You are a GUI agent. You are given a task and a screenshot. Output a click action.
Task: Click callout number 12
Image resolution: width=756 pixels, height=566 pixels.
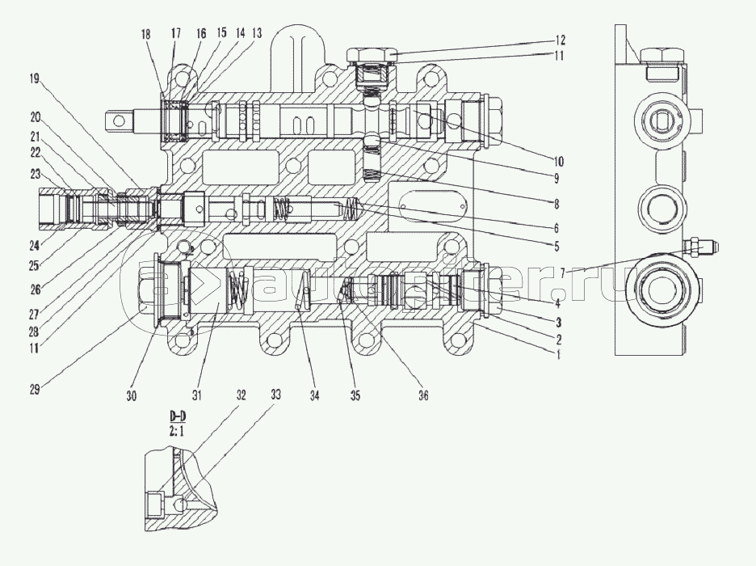tap(561, 40)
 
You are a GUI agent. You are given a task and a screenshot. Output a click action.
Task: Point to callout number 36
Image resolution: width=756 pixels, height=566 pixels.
tap(422, 395)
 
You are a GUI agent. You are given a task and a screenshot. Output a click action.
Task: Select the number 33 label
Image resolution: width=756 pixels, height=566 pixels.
tap(275, 395)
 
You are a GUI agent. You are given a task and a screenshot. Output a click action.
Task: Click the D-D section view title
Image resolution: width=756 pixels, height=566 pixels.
tap(176, 416)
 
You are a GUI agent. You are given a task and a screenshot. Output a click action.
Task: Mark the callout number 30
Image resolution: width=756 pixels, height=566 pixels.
tap(132, 395)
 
